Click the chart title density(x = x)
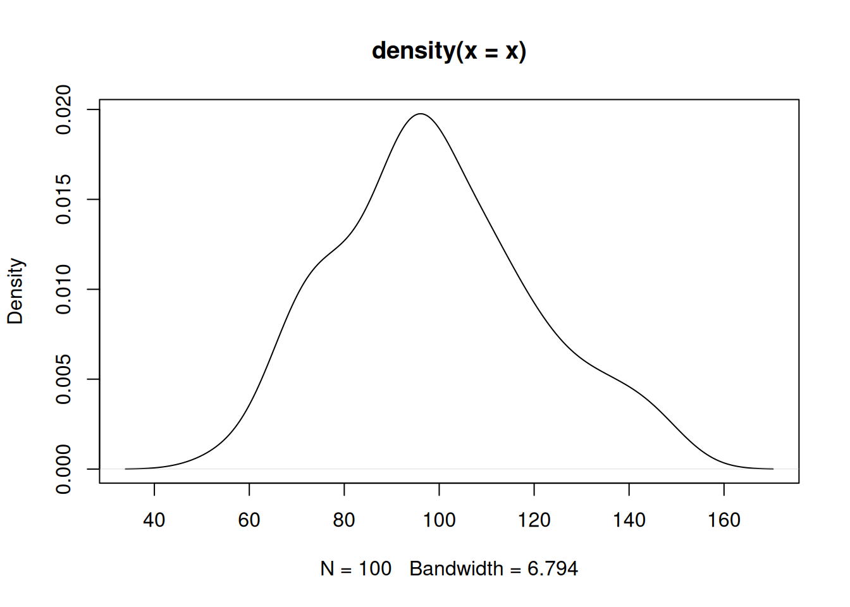point(449,51)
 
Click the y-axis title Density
point(15,291)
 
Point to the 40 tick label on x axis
point(154,520)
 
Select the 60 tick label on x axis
point(249,520)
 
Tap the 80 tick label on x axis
point(344,520)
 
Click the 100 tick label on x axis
point(439,520)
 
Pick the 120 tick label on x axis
point(534,520)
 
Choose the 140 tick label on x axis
point(629,520)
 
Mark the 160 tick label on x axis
point(724,520)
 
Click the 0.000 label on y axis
point(63,469)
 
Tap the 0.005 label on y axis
point(63,379)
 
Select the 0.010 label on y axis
point(63,289)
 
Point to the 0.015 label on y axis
point(63,199)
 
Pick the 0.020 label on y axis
point(63,109)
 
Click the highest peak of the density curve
point(421,114)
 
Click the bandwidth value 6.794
point(552,569)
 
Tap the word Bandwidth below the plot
point(456,569)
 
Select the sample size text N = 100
point(356,569)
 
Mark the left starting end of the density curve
point(126,469)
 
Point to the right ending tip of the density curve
point(773,469)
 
